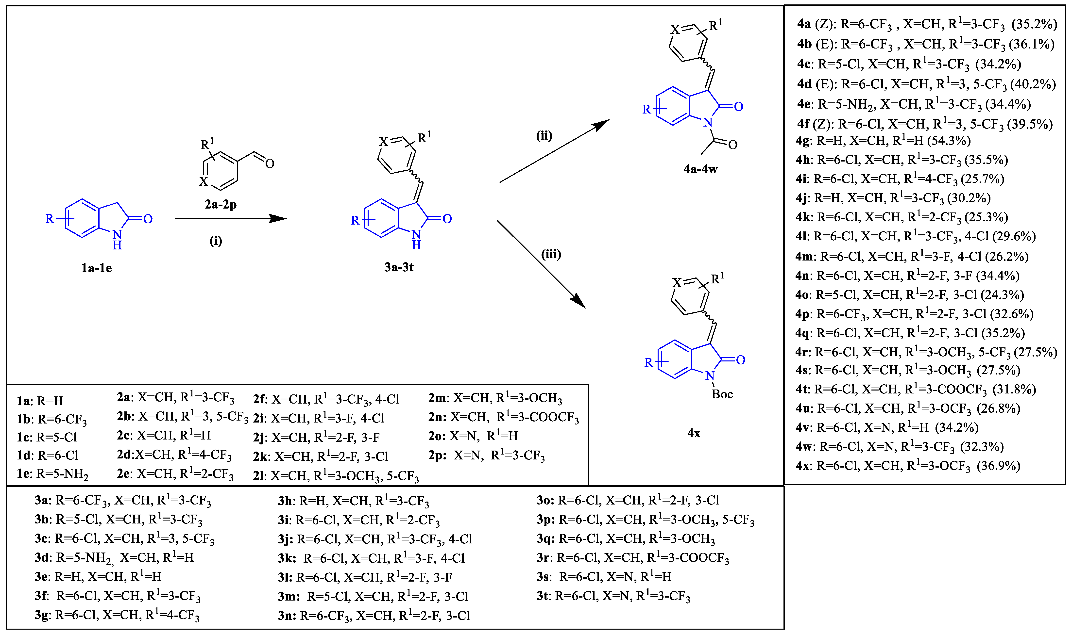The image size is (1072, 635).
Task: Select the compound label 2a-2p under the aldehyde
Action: [x=221, y=205]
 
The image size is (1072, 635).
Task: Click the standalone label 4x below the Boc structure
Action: [x=694, y=433]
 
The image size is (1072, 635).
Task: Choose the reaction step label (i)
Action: [x=215, y=241]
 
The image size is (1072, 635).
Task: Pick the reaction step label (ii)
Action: [x=544, y=136]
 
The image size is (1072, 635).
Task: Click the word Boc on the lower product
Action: [x=722, y=394]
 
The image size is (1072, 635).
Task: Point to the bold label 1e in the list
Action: [x=24, y=474]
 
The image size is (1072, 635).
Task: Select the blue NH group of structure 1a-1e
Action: [x=117, y=240]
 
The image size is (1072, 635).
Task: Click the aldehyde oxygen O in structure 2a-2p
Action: [x=269, y=163]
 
